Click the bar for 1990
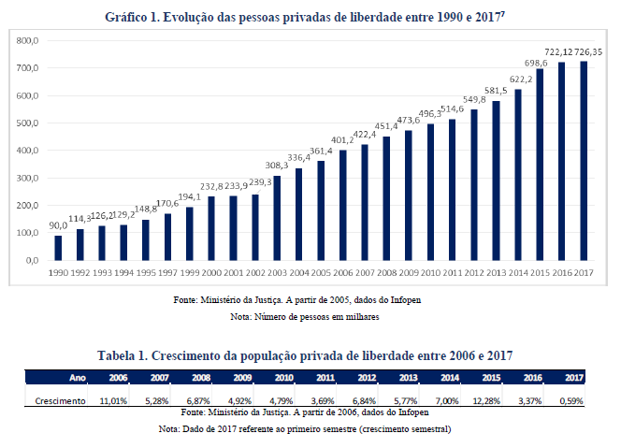pyautogui.click(x=58, y=248)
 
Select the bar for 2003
pyautogui.click(x=277, y=218)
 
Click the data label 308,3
pyautogui.click(x=277, y=166)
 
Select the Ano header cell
pyautogui.click(x=79, y=378)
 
